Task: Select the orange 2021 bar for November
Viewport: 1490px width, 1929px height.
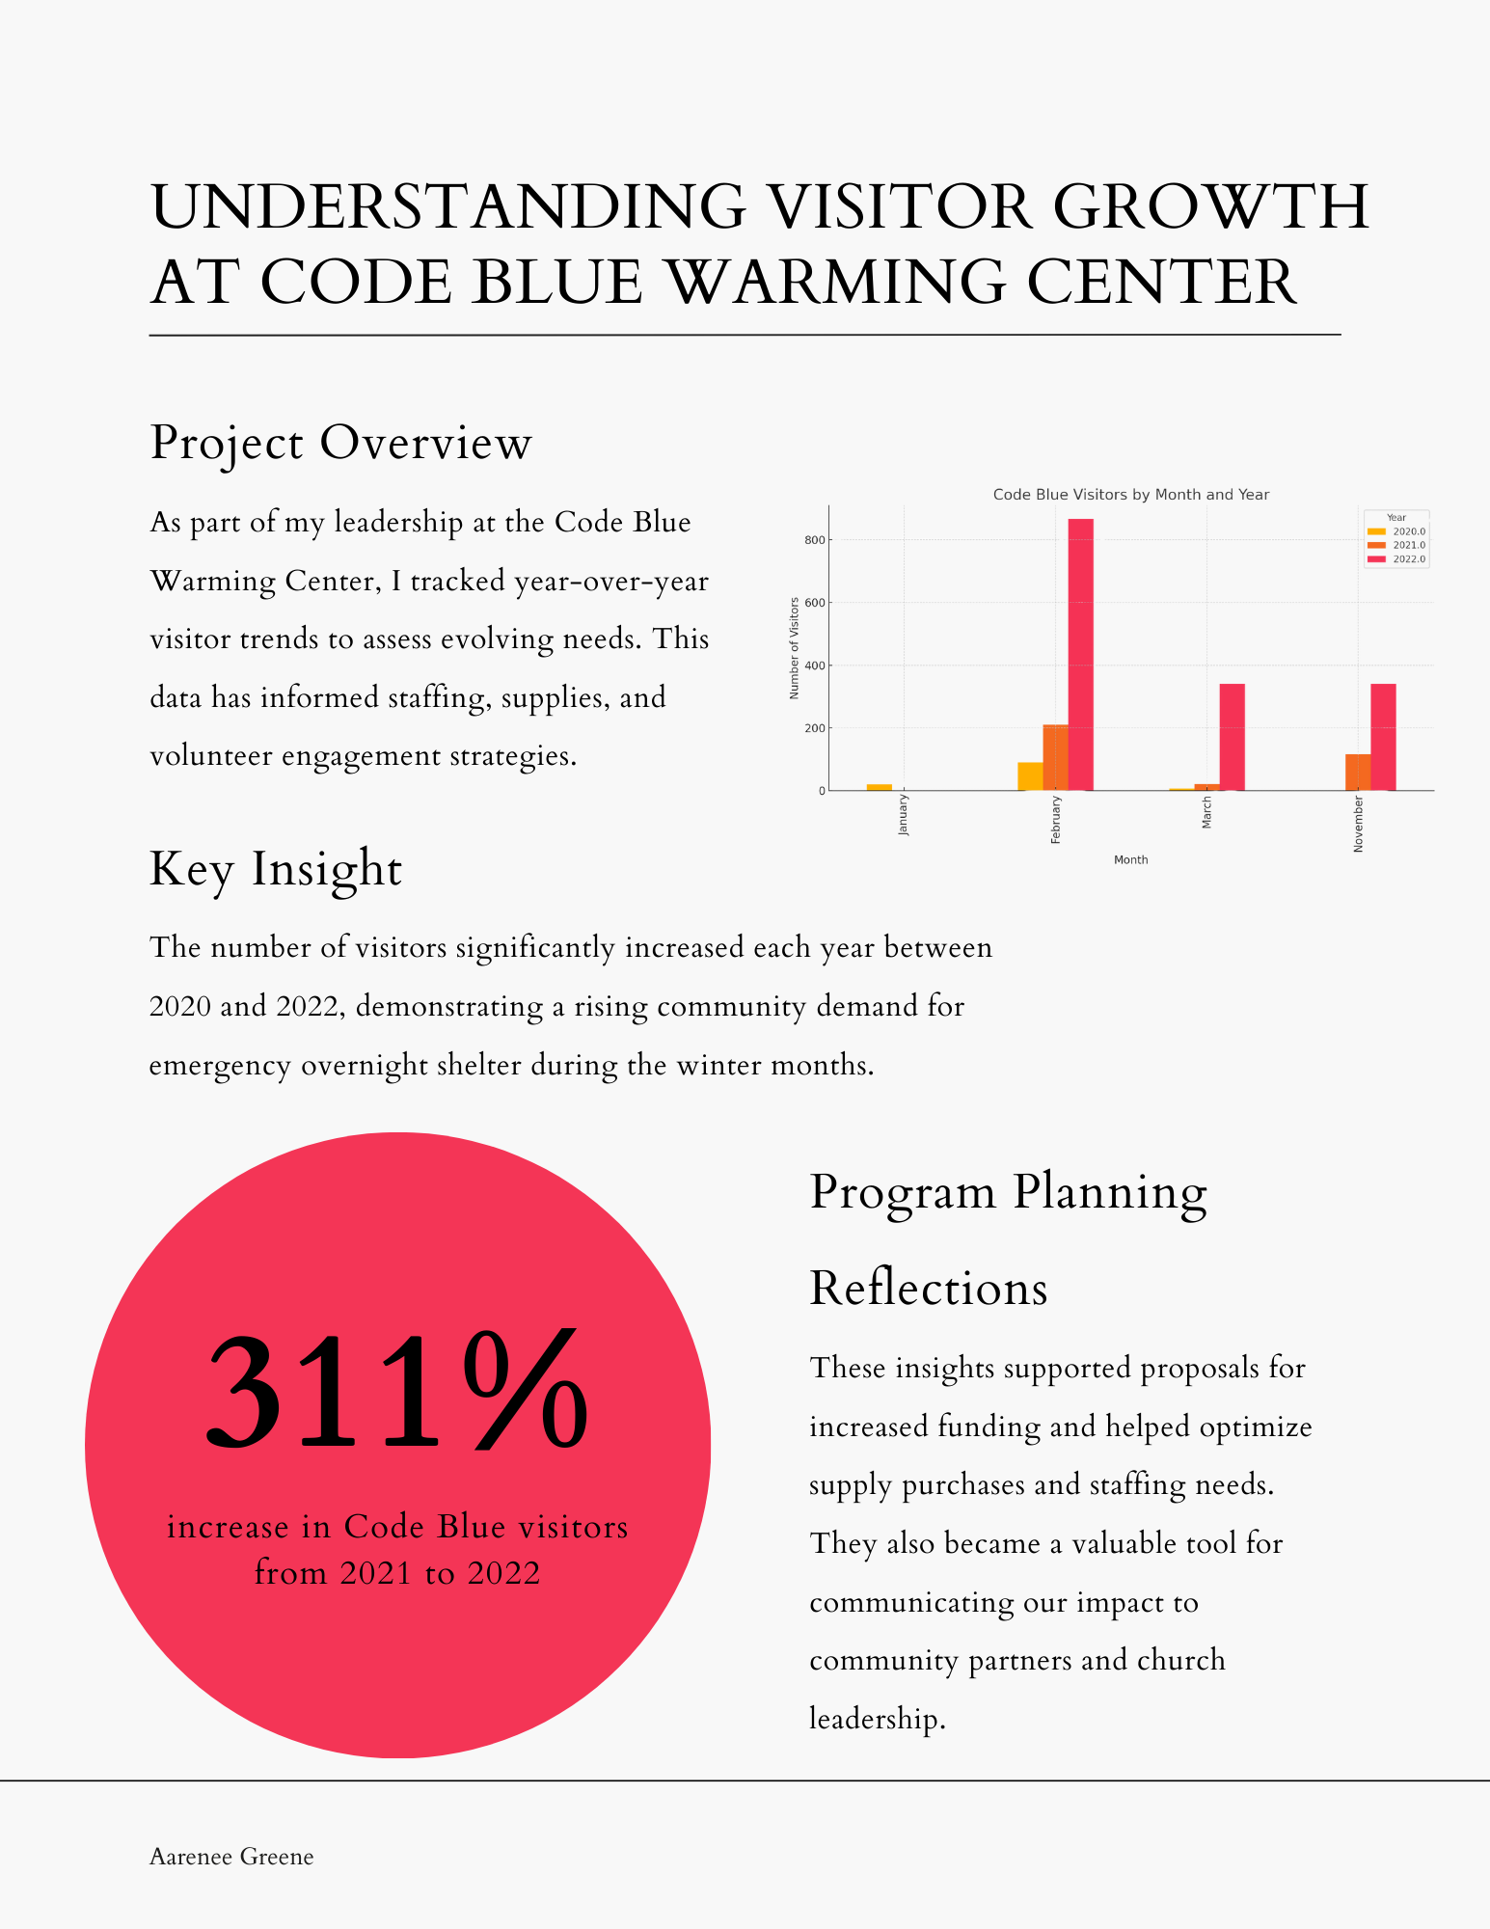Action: tap(1357, 772)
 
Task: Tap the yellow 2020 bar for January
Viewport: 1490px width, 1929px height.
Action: tap(879, 787)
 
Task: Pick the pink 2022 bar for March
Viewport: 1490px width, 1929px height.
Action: tap(1232, 737)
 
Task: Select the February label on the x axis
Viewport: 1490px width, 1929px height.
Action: tap(1056, 820)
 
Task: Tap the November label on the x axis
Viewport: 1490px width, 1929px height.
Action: tap(1359, 824)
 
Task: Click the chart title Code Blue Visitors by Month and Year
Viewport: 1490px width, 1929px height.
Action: tap(1130, 495)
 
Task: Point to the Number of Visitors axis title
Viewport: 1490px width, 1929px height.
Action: tap(795, 647)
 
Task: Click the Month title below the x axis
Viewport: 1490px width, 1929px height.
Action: tap(1130, 859)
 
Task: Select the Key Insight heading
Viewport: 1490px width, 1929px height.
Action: tap(276, 868)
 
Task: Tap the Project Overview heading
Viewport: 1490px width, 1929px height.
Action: tap(340, 443)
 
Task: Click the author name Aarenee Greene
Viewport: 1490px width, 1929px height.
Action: tap(231, 1857)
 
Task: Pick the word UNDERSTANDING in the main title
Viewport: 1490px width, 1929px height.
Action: tap(447, 206)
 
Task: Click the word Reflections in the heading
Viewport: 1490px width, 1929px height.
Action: tap(928, 1288)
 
